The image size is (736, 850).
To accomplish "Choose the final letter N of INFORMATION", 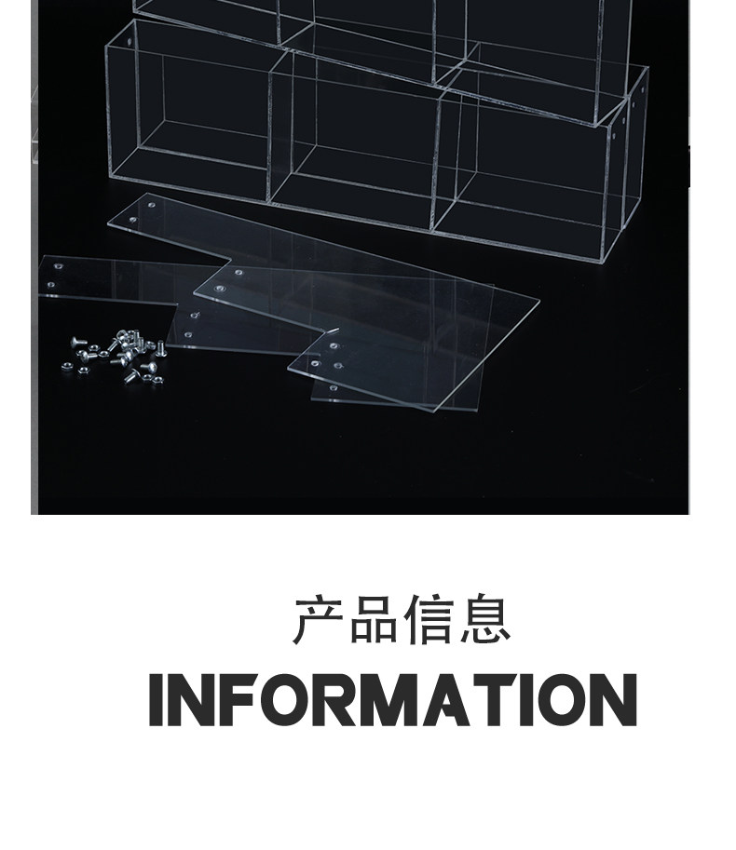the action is [x=610, y=699].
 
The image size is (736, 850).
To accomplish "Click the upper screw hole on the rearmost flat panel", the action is [x=150, y=198].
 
